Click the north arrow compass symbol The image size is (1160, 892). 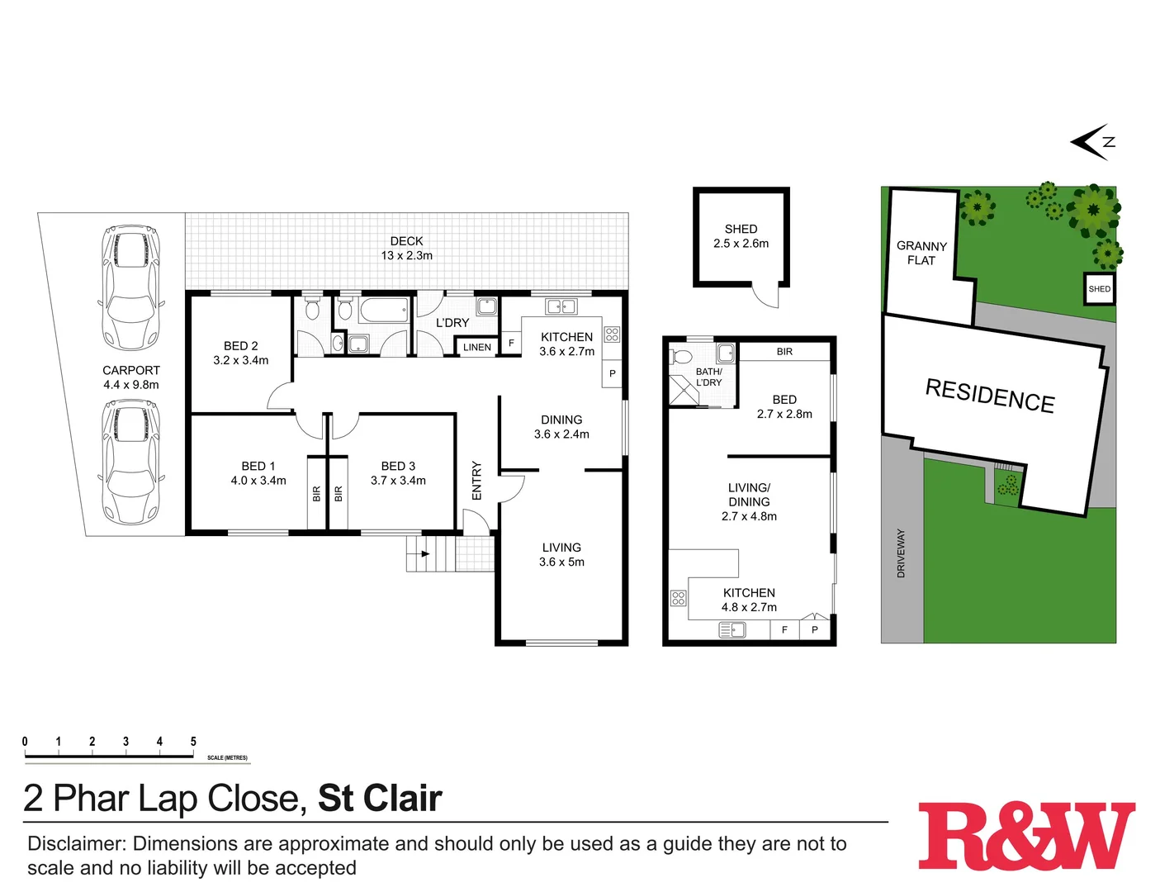tap(1093, 142)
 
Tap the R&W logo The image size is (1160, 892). tap(1026, 836)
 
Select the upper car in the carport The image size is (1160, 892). tap(130, 288)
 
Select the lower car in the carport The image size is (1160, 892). tap(130, 462)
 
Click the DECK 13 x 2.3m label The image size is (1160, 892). tap(406, 249)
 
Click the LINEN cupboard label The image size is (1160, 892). tap(477, 348)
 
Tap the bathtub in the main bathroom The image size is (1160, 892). tap(384, 311)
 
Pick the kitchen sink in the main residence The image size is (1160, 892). tap(561, 306)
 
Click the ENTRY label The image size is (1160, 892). tap(476, 481)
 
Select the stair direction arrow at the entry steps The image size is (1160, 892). tap(425, 553)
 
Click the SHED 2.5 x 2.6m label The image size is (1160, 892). tap(741, 236)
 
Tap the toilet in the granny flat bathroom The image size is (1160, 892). tap(681, 357)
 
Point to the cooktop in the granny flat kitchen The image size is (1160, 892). tap(678, 598)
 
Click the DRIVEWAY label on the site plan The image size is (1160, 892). tap(901, 553)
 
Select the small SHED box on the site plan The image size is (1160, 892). tap(1099, 289)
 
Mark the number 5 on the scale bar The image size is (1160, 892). tap(193, 742)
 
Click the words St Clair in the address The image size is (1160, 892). tap(380, 799)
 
